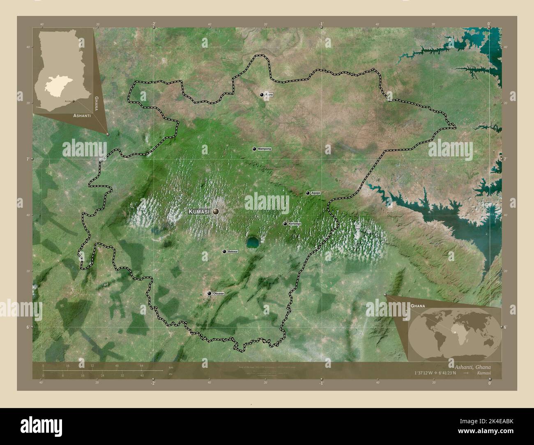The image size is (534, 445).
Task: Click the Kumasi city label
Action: coord(199,211)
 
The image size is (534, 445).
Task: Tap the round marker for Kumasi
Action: coord(216,211)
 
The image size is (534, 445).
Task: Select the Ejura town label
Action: coord(269,95)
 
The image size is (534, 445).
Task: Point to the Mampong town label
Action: coord(264,149)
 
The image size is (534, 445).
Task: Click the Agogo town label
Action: coord(315,193)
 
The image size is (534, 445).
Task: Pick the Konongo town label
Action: coord(295,224)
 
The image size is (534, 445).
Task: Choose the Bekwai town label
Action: coord(232,251)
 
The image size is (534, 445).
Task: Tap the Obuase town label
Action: coord(219,294)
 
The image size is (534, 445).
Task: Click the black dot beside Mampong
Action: coord(255,149)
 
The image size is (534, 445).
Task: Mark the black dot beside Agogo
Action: coord(308,193)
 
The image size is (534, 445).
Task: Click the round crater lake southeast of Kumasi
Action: coord(253,243)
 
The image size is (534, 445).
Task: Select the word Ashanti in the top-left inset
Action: coord(82,116)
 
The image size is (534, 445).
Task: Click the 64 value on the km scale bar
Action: coord(141,366)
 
